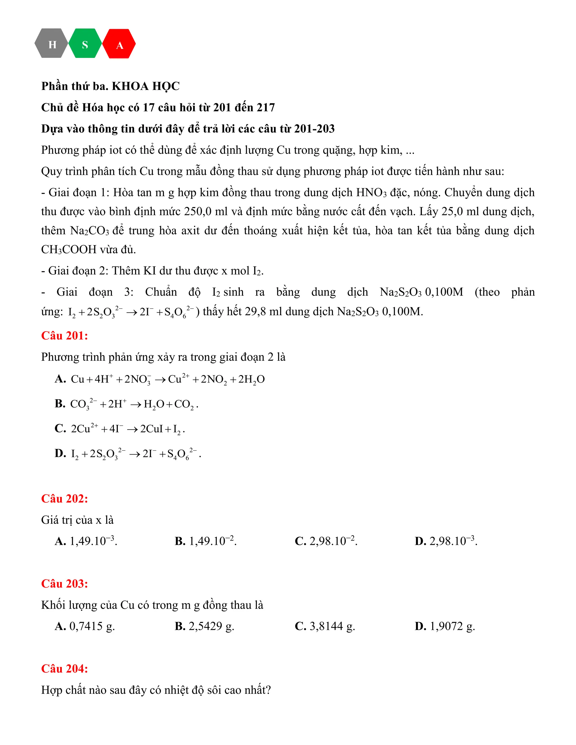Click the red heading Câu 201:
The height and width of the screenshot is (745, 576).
pyautogui.click(x=64, y=336)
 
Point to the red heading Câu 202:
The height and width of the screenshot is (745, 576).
pyautogui.click(x=64, y=499)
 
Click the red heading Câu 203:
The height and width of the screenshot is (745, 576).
pyautogui.click(x=64, y=584)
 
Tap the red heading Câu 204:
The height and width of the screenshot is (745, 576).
pyautogui.click(x=64, y=669)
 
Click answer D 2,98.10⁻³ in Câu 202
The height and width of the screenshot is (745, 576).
pyautogui.click(x=446, y=541)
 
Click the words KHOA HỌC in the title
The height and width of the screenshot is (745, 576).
pyautogui.click(x=146, y=86)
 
